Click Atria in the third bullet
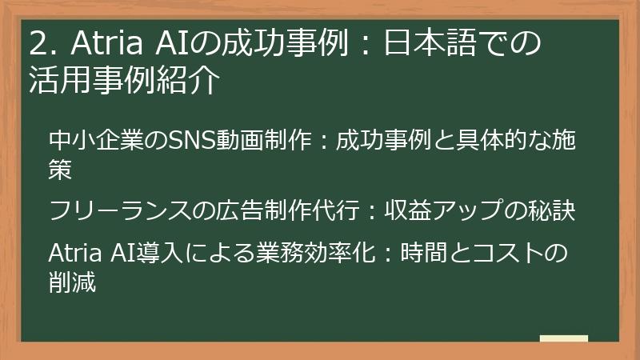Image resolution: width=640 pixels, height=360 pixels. click(x=73, y=254)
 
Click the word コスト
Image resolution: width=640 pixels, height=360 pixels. click(x=509, y=254)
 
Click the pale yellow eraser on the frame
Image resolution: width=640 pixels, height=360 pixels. click(x=563, y=338)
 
